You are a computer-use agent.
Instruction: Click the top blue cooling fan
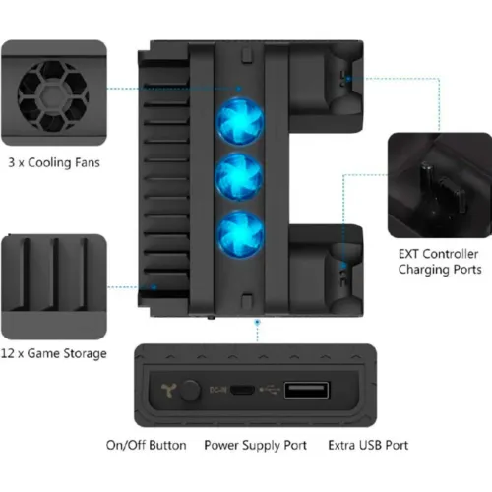(240, 121)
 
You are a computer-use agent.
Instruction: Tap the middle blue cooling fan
(239, 177)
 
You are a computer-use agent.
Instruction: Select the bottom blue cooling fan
(240, 233)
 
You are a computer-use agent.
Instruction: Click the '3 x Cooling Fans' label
(54, 162)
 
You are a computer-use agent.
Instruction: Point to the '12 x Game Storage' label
(54, 353)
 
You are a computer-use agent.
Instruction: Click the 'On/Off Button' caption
(147, 445)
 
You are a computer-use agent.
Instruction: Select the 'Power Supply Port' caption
(255, 446)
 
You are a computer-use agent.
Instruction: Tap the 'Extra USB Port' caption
(368, 445)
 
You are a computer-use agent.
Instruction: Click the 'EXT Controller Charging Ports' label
(440, 262)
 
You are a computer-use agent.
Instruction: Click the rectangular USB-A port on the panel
(306, 390)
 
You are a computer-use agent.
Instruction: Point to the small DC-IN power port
(242, 390)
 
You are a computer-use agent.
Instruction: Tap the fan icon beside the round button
(169, 390)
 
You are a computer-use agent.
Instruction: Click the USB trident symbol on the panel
(270, 390)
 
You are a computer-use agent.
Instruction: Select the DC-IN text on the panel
(217, 390)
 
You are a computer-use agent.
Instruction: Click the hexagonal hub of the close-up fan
(53, 96)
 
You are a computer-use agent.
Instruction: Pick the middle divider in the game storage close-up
(55, 274)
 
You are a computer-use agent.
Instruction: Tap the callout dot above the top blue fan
(239, 89)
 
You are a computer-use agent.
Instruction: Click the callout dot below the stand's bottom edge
(258, 323)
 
